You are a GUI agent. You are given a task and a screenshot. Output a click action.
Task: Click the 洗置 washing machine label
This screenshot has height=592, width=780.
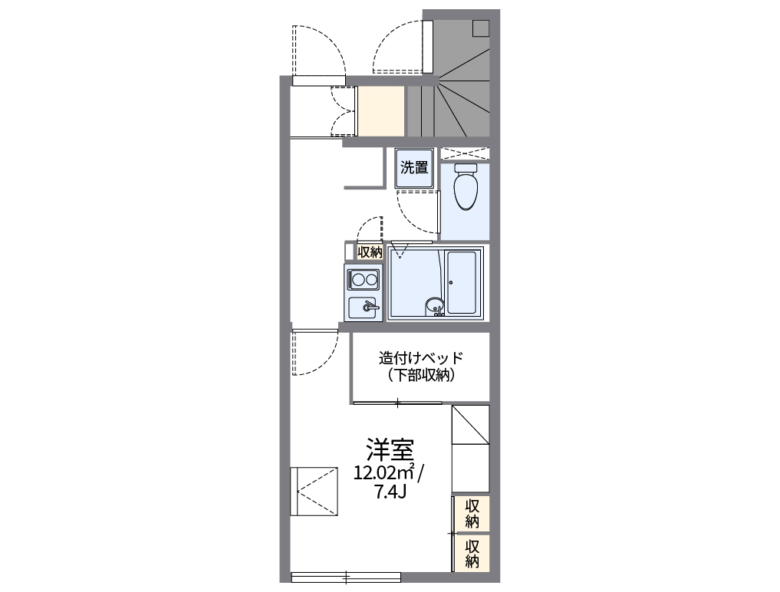click(x=415, y=168)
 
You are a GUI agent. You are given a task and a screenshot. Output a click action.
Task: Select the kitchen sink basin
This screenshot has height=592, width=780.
click(x=361, y=308)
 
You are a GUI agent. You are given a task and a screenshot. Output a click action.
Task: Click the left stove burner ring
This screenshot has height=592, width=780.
click(x=357, y=278)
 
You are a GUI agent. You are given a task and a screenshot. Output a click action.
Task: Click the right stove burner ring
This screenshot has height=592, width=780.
click(x=371, y=278)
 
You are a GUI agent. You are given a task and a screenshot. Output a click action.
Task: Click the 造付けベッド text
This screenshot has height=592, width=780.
click(x=421, y=358)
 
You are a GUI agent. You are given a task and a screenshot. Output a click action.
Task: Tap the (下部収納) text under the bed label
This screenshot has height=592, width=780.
click(x=421, y=376)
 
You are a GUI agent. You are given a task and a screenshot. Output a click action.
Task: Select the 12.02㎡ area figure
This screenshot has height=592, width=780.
click(x=384, y=472)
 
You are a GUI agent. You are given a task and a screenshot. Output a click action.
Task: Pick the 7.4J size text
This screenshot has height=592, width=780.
click(x=390, y=492)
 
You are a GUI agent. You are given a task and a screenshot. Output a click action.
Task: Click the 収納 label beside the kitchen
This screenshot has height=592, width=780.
click(x=370, y=252)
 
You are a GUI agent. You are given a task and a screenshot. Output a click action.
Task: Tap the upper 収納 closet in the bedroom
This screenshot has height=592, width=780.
click(x=472, y=514)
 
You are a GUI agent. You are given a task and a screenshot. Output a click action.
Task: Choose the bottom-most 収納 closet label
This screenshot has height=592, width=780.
click(x=472, y=554)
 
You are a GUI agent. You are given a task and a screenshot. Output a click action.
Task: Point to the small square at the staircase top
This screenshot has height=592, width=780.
click(x=481, y=28)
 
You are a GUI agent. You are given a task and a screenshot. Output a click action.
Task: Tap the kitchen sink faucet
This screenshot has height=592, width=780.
click(x=370, y=308)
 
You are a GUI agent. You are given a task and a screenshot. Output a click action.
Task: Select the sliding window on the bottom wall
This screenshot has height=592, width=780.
click(x=346, y=576)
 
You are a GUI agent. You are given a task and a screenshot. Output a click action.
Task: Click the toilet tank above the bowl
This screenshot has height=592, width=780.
click(x=465, y=168)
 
